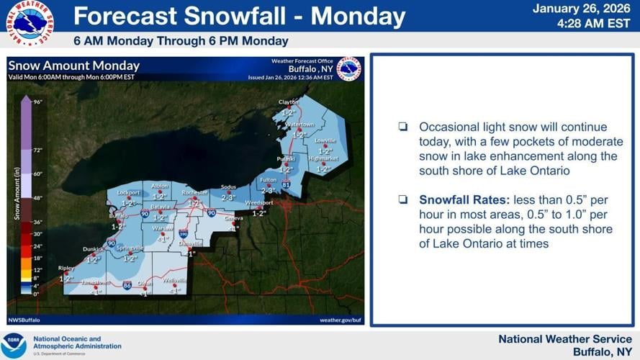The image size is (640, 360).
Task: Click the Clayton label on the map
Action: click(288, 102)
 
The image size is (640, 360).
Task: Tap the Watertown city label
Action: click(299, 125)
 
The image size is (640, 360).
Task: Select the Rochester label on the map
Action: click(195, 193)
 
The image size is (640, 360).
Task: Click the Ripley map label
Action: click(66, 268)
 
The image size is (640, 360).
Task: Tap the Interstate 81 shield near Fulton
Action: click(287, 185)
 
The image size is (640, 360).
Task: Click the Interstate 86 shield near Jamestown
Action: click(126, 285)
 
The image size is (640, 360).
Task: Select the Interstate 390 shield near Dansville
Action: click(184, 234)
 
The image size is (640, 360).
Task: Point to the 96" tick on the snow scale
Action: click(37, 102)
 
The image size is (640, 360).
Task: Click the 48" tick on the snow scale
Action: click(37, 197)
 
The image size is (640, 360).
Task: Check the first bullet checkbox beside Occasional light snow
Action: click(403, 127)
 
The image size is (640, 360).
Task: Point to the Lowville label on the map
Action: click(325, 140)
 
